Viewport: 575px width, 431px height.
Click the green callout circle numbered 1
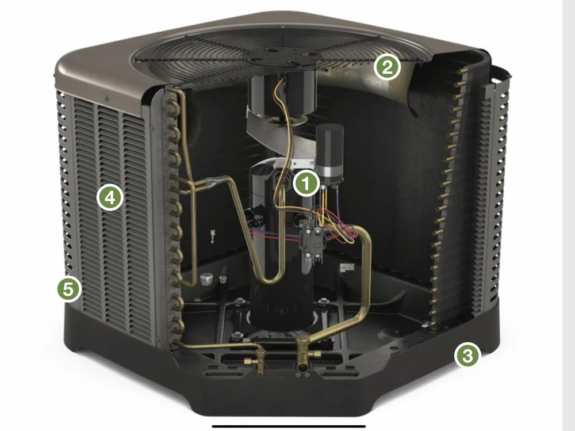click(x=306, y=184)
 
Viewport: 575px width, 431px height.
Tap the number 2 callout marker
click(x=386, y=68)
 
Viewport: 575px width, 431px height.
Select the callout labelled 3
click(x=467, y=356)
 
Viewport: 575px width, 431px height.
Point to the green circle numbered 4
click(x=109, y=198)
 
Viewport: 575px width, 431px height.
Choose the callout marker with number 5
click(x=68, y=289)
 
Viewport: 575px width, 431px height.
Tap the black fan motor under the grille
click(x=275, y=92)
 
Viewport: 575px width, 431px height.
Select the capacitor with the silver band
click(x=329, y=155)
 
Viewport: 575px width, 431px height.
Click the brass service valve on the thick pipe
click(x=304, y=363)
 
